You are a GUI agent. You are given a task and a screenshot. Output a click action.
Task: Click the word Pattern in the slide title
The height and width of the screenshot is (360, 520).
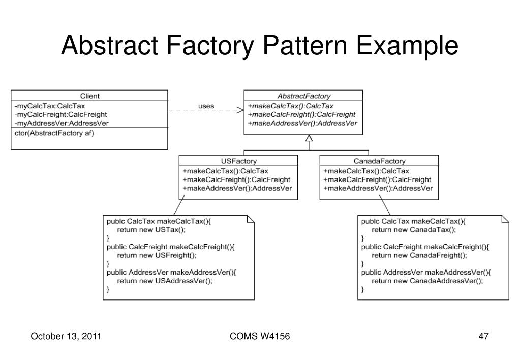[x=305, y=45]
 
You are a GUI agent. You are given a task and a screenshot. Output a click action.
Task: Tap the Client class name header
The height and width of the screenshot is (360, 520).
[x=89, y=96]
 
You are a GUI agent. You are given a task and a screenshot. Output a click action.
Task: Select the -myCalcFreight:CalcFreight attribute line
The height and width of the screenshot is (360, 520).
[x=60, y=115]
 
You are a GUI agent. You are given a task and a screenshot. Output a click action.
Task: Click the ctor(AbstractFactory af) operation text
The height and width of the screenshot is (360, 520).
[x=54, y=133]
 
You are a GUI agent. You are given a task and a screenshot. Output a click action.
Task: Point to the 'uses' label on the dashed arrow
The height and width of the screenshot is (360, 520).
[x=206, y=106]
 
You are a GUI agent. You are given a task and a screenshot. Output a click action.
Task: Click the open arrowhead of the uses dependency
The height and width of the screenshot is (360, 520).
[x=240, y=110]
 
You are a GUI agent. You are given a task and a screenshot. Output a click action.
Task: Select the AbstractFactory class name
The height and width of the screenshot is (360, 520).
[x=304, y=96]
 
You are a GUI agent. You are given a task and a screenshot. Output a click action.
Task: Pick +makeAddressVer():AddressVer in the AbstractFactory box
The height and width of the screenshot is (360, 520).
[x=302, y=123]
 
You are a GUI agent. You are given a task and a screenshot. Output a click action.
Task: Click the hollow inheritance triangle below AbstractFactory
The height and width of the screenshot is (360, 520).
[x=309, y=138]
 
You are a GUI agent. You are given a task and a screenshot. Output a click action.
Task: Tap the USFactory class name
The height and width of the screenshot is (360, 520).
[x=239, y=161]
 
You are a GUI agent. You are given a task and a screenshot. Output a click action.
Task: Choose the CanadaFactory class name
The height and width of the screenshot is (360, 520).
[x=379, y=161]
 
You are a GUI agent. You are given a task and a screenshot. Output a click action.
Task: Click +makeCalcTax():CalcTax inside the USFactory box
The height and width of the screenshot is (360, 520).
[x=225, y=171]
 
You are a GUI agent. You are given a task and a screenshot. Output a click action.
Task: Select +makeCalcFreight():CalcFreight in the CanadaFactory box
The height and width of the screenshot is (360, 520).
[x=377, y=180]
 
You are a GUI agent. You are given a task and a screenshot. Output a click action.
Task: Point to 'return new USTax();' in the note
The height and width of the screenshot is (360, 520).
[x=151, y=230]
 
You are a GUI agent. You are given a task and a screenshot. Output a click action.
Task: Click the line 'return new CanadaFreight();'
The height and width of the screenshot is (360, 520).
[x=419, y=255]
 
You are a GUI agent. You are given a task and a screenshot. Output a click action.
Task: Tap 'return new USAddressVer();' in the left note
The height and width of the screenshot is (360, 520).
[x=165, y=281]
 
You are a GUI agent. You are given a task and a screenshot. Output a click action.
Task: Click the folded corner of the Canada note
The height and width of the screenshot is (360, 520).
[x=505, y=219]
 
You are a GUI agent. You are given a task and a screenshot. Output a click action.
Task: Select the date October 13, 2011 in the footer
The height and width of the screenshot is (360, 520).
[x=66, y=336]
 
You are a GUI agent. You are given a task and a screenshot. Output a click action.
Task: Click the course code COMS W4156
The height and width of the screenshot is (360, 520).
[x=260, y=336]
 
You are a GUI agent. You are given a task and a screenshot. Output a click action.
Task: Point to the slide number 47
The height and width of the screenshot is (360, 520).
[x=483, y=336]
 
